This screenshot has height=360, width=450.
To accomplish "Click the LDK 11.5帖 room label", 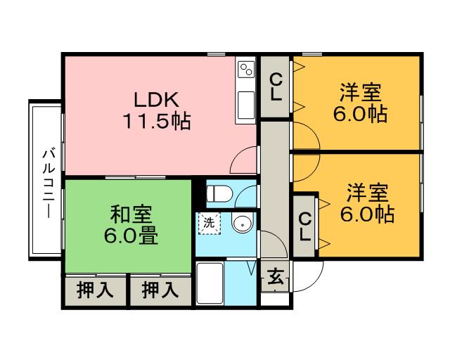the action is [x=157, y=110].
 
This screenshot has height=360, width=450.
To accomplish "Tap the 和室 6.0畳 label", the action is [x=131, y=225].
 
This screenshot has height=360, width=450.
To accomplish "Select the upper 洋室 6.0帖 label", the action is [x=360, y=103].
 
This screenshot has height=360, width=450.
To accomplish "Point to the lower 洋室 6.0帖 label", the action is [x=367, y=203].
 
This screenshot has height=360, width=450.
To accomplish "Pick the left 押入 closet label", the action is [x=95, y=290].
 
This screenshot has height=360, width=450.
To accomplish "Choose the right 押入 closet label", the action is [x=160, y=290].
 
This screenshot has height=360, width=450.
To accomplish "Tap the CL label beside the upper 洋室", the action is [x=276, y=86].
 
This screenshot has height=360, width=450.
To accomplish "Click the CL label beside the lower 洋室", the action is [x=304, y=227].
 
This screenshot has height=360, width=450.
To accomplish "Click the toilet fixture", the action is [x=219, y=193].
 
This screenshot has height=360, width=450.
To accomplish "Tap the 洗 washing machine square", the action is [x=210, y=223].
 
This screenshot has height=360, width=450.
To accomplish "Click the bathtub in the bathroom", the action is [x=210, y=283].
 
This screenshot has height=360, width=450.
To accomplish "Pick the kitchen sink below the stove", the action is [x=246, y=105].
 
